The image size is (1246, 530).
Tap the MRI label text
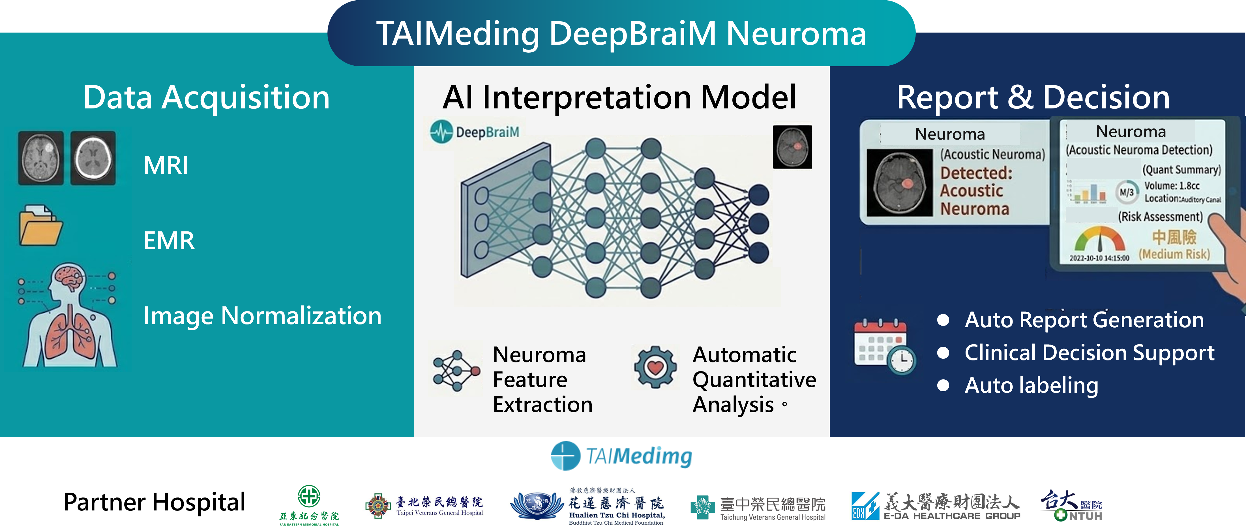pyautogui.click(x=166, y=166)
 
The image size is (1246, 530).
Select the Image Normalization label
pyautogui.click(x=262, y=316)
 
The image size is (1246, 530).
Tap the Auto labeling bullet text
pyautogui.click(x=1031, y=386)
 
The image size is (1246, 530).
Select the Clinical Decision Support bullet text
pyautogui.click(x=1089, y=353)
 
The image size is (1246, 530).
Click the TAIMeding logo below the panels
pyautogui.click(x=621, y=456)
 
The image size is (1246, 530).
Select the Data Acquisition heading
pyautogui.click(x=207, y=98)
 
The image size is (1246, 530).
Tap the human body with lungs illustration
pyautogui.click(x=69, y=316)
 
